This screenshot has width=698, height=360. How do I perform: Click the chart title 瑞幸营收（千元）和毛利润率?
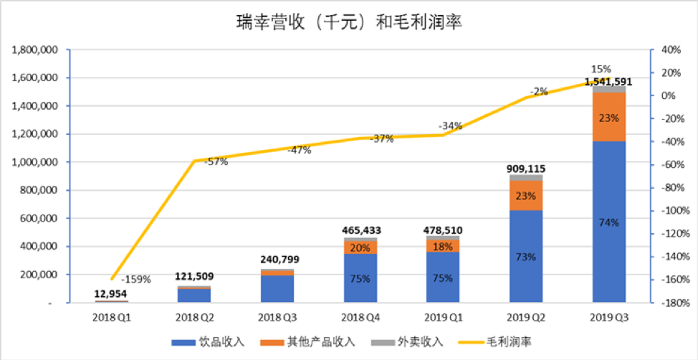(x=349, y=23)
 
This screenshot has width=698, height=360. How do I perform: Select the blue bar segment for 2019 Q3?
(x=608, y=186)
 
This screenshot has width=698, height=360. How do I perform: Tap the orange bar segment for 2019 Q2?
(x=526, y=195)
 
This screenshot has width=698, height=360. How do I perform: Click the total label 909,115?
(x=526, y=169)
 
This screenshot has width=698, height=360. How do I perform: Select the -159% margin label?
(x=136, y=279)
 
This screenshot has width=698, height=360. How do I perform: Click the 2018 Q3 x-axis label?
(x=278, y=316)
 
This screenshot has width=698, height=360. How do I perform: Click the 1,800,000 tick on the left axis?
(x=34, y=50)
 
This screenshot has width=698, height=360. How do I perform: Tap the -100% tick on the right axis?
(x=674, y=211)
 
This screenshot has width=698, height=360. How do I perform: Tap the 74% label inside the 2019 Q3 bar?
(x=608, y=222)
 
